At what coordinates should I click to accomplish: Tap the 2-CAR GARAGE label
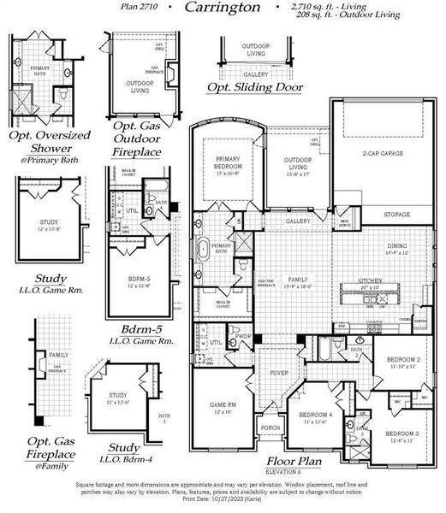[x=382, y=154]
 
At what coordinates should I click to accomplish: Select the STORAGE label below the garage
[x=396, y=215]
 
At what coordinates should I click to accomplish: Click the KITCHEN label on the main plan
[x=370, y=280]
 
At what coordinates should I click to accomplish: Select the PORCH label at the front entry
[x=271, y=427]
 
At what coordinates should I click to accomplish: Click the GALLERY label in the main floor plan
[x=298, y=221]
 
